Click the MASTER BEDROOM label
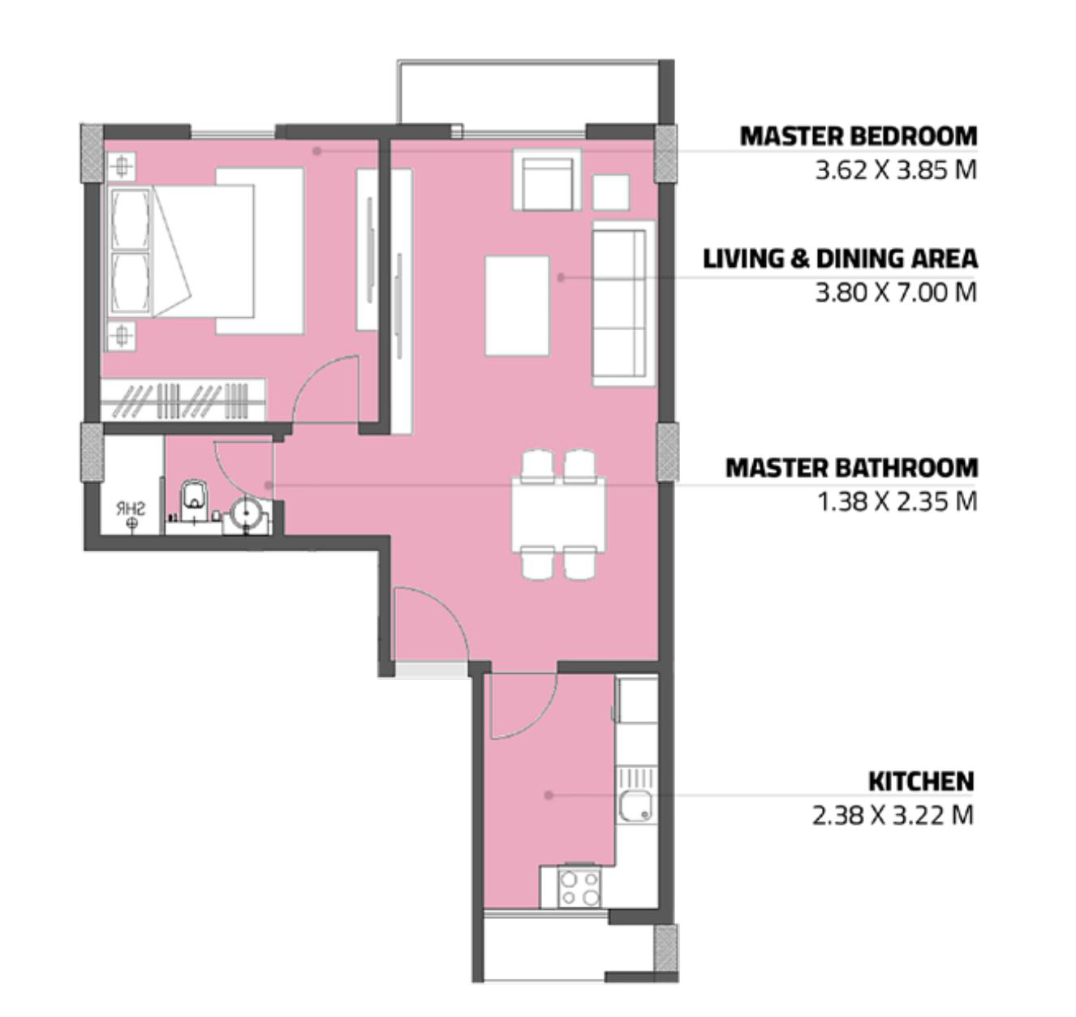coord(859,136)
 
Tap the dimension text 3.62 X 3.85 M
coord(896,170)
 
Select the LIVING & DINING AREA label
coord(840,259)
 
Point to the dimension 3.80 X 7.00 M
coord(896,293)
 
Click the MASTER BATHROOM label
coord(851,468)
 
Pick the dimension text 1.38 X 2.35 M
coord(897,502)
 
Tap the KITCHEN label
coord(921,781)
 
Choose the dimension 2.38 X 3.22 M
coord(893,815)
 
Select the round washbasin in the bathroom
coord(244,513)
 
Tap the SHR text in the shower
coord(131,509)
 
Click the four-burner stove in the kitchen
coord(579,887)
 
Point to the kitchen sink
coord(635,806)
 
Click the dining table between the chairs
coord(558,514)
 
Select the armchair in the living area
coord(547,180)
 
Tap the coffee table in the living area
coord(517,306)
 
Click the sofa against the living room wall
coord(623,303)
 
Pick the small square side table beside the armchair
coord(610,192)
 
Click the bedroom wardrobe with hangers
coord(183,400)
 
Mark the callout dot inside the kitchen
coord(549,795)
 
